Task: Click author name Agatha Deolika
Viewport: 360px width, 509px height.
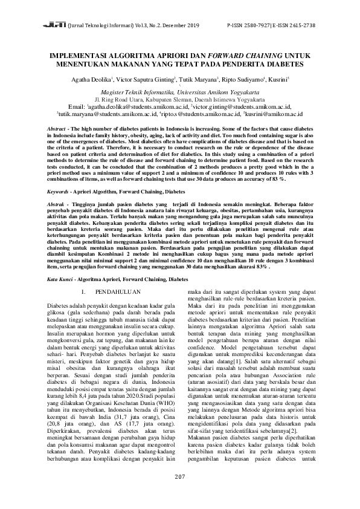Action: (x=90, y=79)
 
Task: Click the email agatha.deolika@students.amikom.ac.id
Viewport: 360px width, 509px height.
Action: (x=137, y=106)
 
